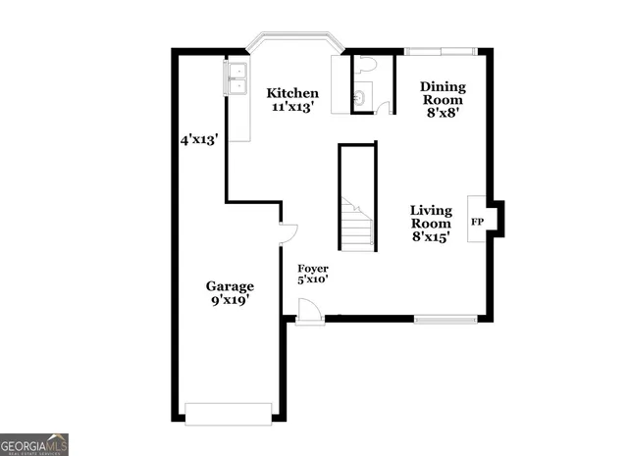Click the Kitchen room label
(292, 93)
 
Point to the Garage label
(230, 286)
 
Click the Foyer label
(313, 268)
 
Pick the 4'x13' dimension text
(197, 139)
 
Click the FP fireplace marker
(478, 222)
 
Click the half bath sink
(359, 99)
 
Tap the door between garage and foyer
(287, 233)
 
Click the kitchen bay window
(293, 42)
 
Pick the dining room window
(441, 50)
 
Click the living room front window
(445, 318)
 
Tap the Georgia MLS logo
(34, 443)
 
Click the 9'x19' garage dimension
(229, 301)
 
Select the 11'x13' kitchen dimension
(292, 108)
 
